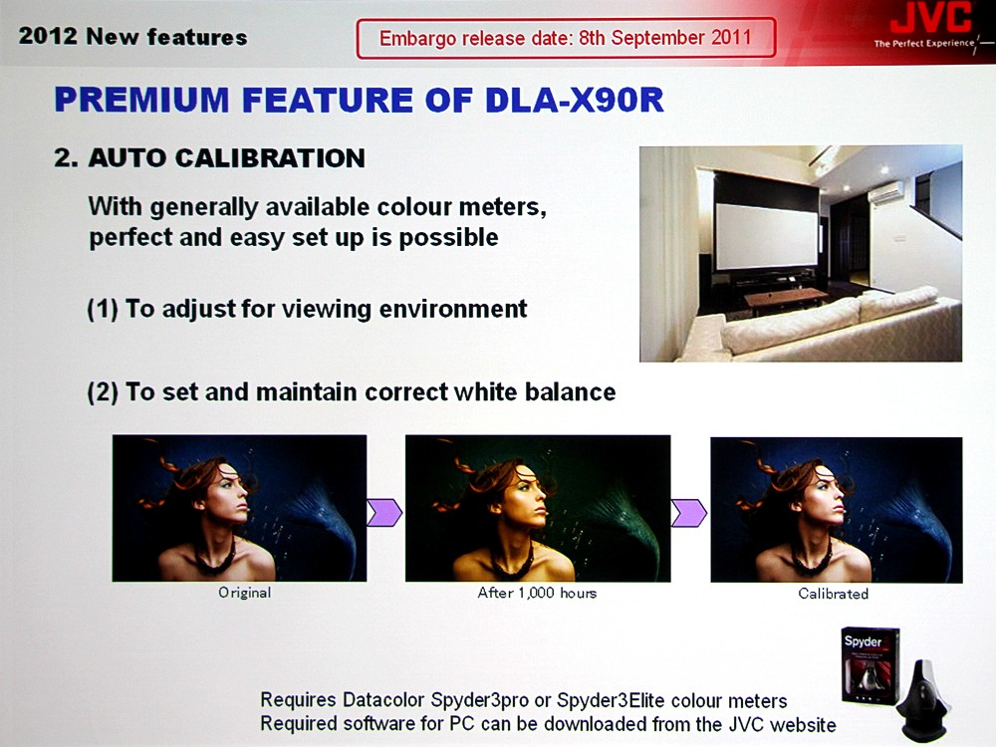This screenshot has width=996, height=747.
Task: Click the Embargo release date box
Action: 566,38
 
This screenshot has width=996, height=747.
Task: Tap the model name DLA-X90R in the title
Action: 575,101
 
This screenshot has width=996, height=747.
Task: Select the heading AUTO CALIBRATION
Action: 227,158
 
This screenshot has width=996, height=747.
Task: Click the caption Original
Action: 245,593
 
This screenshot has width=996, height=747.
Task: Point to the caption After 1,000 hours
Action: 538,593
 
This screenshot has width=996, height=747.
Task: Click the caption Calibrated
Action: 834,594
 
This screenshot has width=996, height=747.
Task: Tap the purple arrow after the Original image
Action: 384,513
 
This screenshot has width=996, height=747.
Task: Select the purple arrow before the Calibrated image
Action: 689,513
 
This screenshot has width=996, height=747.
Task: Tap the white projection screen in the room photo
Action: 767,236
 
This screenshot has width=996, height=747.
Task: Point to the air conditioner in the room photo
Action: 886,193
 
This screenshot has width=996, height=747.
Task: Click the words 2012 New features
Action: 132,36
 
